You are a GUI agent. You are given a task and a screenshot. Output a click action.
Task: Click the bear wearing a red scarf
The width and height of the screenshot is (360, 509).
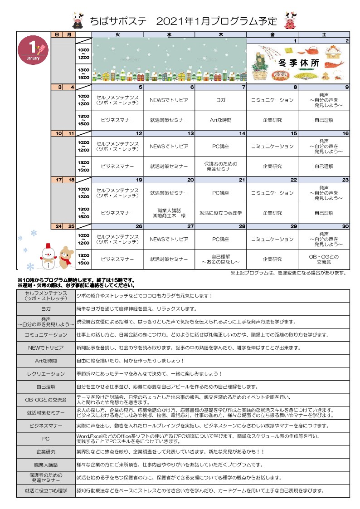66,257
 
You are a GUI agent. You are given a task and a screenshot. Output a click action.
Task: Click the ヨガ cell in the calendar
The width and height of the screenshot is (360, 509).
221,100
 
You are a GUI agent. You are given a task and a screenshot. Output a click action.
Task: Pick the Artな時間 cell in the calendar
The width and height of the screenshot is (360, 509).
221,120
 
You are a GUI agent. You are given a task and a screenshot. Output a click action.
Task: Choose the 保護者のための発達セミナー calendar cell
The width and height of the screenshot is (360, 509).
221,166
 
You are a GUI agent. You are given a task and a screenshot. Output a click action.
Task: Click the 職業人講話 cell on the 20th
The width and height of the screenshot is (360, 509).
169,213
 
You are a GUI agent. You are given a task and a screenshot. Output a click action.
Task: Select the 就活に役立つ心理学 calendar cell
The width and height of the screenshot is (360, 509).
221,213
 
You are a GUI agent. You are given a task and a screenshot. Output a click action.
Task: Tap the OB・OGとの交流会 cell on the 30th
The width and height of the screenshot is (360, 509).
324,259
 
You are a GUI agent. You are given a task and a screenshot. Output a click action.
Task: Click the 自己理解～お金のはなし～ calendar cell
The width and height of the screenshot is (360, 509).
221,259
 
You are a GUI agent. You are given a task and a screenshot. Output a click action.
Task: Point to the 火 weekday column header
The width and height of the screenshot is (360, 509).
117,34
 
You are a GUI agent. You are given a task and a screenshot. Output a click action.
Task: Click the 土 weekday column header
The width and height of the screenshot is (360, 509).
324,34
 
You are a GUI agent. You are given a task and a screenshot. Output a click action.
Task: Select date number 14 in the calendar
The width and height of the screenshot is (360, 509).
242,133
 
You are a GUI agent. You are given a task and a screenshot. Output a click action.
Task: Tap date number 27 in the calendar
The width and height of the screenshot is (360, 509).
191,226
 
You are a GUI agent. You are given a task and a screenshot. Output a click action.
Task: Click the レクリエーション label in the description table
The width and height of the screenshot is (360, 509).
46,374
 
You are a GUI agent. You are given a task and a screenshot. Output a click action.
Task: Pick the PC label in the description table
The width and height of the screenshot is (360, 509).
46,439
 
